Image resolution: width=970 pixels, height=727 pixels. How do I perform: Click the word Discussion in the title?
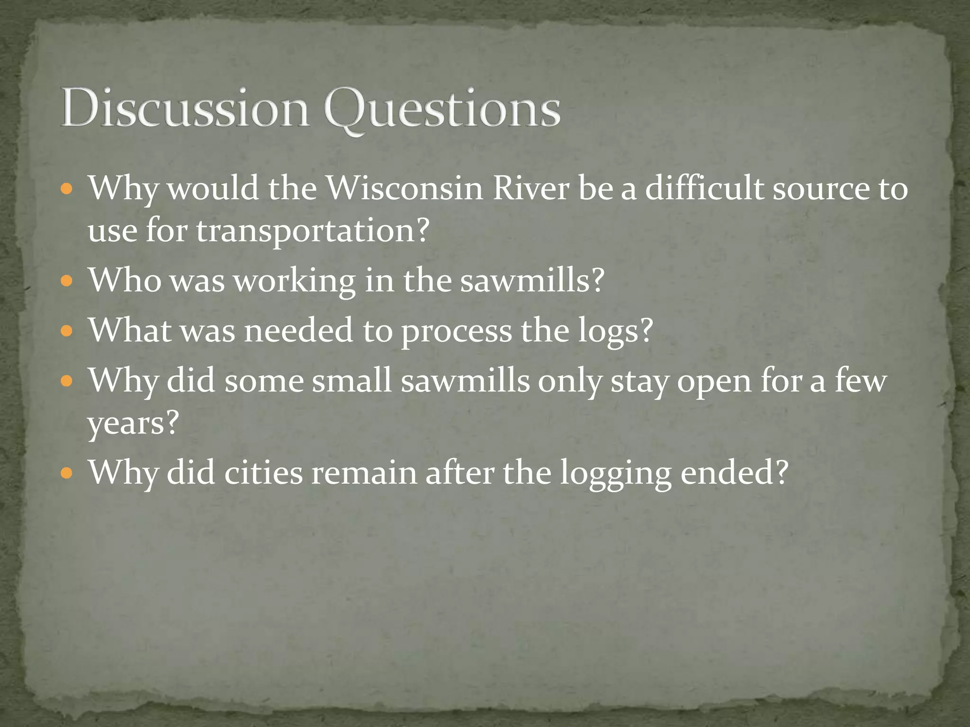185,109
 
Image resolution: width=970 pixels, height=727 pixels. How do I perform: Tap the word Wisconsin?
405,188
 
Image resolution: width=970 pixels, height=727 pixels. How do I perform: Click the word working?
295,281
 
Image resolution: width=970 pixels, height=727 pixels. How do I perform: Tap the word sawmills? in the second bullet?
532,280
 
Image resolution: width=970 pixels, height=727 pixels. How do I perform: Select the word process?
457,331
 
